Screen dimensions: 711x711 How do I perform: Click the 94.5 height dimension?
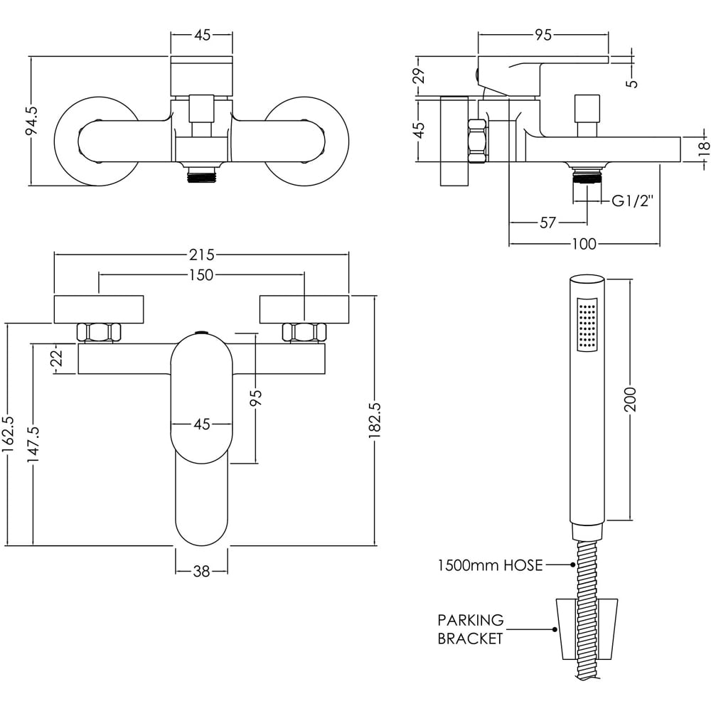[x=31, y=122]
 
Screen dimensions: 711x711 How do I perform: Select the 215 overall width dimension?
[x=202, y=254]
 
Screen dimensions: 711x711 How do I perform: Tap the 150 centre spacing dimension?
[x=202, y=275]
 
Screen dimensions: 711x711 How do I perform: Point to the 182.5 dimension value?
[x=376, y=424]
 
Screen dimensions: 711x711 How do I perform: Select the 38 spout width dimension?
[x=202, y=571]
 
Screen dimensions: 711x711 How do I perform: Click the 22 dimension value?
[x=58, y=359]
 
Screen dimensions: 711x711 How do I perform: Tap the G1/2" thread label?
[x=632, y=202]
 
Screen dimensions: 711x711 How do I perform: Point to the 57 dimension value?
[x=547, y=223]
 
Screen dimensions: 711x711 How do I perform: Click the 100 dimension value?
[x=583, y=245]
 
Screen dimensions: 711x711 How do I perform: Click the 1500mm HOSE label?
[x=490, y=566]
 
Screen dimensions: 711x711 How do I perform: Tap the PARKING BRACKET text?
[x=470, y=629]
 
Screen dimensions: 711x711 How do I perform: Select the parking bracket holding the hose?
[x=587, y=629]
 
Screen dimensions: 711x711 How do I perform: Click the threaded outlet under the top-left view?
[x=201, y=175]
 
